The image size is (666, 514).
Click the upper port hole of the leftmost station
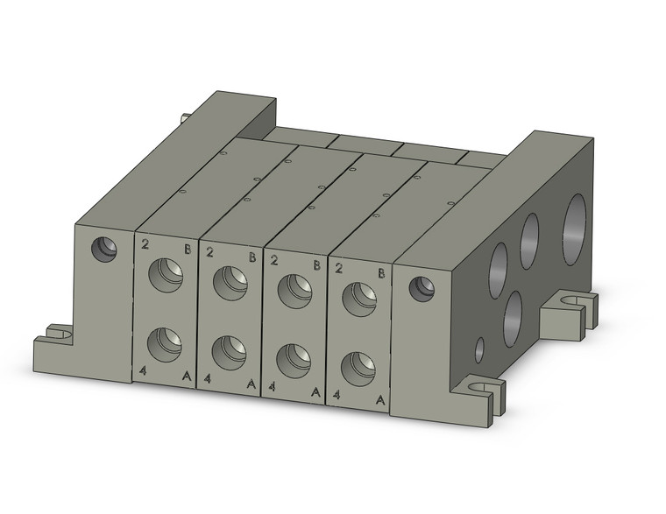point(165,275)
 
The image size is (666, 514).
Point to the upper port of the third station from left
point(294,290)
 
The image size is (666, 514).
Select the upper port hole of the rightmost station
point(359,299)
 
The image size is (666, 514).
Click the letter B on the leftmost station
point(188,250)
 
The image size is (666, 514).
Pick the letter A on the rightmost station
point(380,399)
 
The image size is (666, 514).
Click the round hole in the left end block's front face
point(105,250)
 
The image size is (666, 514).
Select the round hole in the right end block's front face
point(422,288)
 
